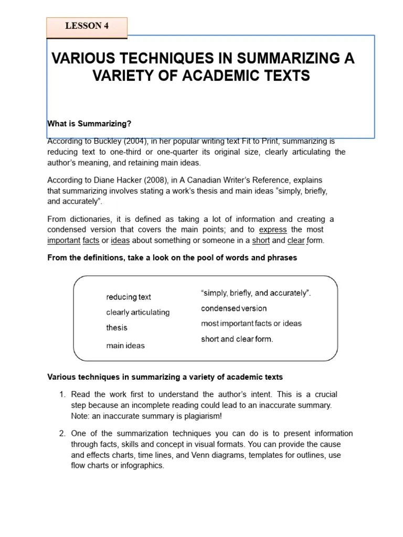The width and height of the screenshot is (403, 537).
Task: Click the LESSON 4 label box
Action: click(87, 27)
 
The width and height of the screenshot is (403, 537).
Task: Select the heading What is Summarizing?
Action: click(89, 123)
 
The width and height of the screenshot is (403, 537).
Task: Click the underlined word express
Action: click(273, 230)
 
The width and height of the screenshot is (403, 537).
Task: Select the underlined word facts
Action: click(92, 240)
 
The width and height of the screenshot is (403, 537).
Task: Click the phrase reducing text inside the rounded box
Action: click(129, 297)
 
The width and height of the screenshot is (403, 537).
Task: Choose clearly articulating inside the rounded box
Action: click(138, 312)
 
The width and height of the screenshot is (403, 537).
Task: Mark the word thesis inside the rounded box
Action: click(116, 328)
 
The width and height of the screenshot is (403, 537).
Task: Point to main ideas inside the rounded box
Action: click(125, 346)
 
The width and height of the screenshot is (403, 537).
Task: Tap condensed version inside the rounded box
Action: click(234, 308)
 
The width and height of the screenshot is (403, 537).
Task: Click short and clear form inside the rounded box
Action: click(237, 339)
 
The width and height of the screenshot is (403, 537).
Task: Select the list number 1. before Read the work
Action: click(62, 394)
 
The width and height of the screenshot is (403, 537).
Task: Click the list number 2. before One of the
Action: click(62, 434)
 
